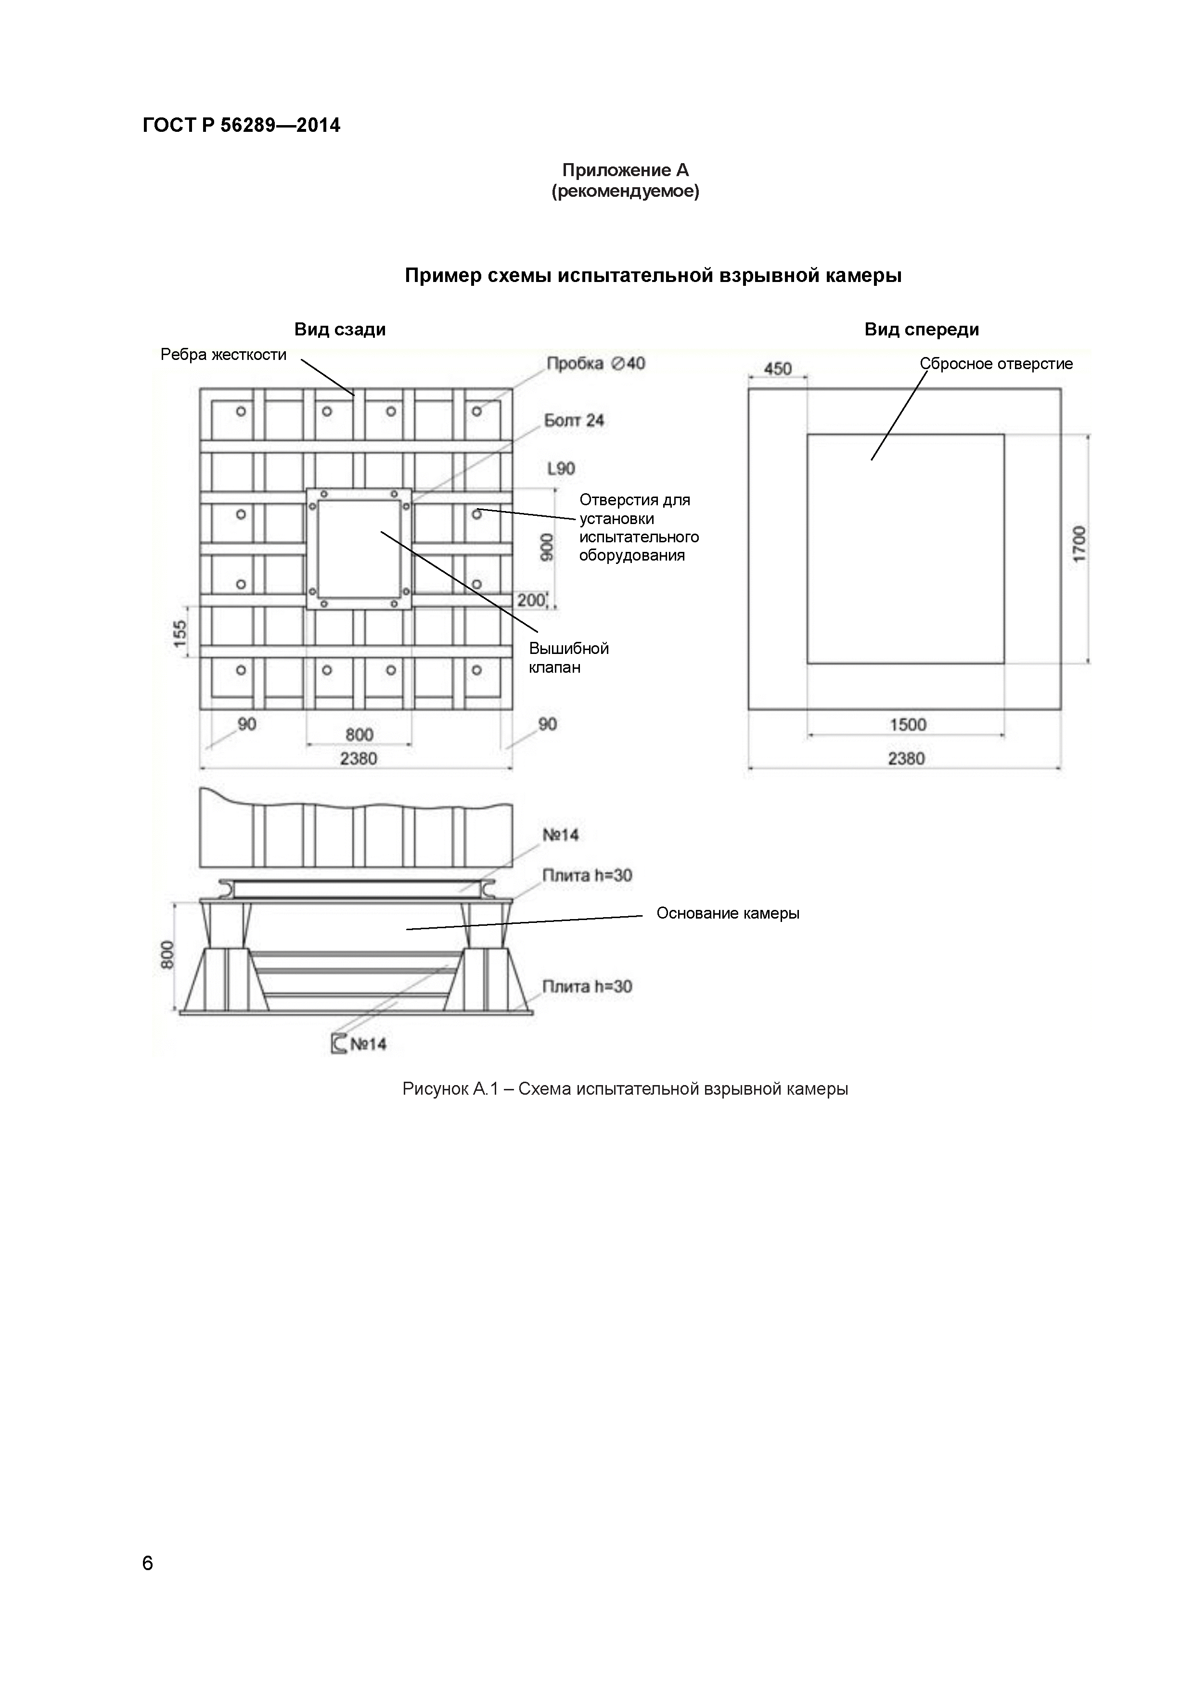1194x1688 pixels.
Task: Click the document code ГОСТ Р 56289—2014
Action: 241,126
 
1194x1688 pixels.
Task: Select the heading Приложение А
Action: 625,170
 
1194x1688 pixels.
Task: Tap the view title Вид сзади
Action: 340,329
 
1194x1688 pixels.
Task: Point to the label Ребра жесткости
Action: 223,355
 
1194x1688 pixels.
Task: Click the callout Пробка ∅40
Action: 595,364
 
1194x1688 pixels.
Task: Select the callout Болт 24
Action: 574,421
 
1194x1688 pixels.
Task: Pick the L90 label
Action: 561,468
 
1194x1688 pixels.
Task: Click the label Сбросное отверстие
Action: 996,364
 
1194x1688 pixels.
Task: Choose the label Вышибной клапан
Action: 568,658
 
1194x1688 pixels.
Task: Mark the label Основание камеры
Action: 728,913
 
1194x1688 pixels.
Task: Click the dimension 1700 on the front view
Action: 1078,544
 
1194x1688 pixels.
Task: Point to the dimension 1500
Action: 908,725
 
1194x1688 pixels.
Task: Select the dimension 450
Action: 777,368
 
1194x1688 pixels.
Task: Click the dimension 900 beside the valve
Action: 546,548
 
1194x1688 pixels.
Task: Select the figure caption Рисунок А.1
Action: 625,1089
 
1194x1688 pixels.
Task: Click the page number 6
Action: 148,1563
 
